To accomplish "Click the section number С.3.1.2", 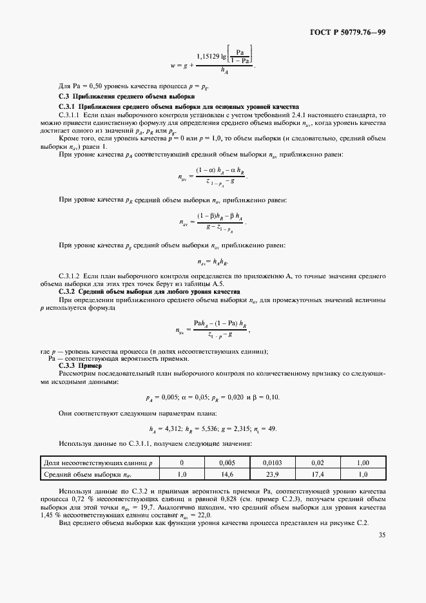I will [72, 274].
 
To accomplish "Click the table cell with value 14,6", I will [226, 474].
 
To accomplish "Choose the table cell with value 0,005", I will [226, 463].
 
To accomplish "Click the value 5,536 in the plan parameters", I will [211, 429].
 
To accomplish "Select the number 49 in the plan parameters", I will [272, 429].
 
